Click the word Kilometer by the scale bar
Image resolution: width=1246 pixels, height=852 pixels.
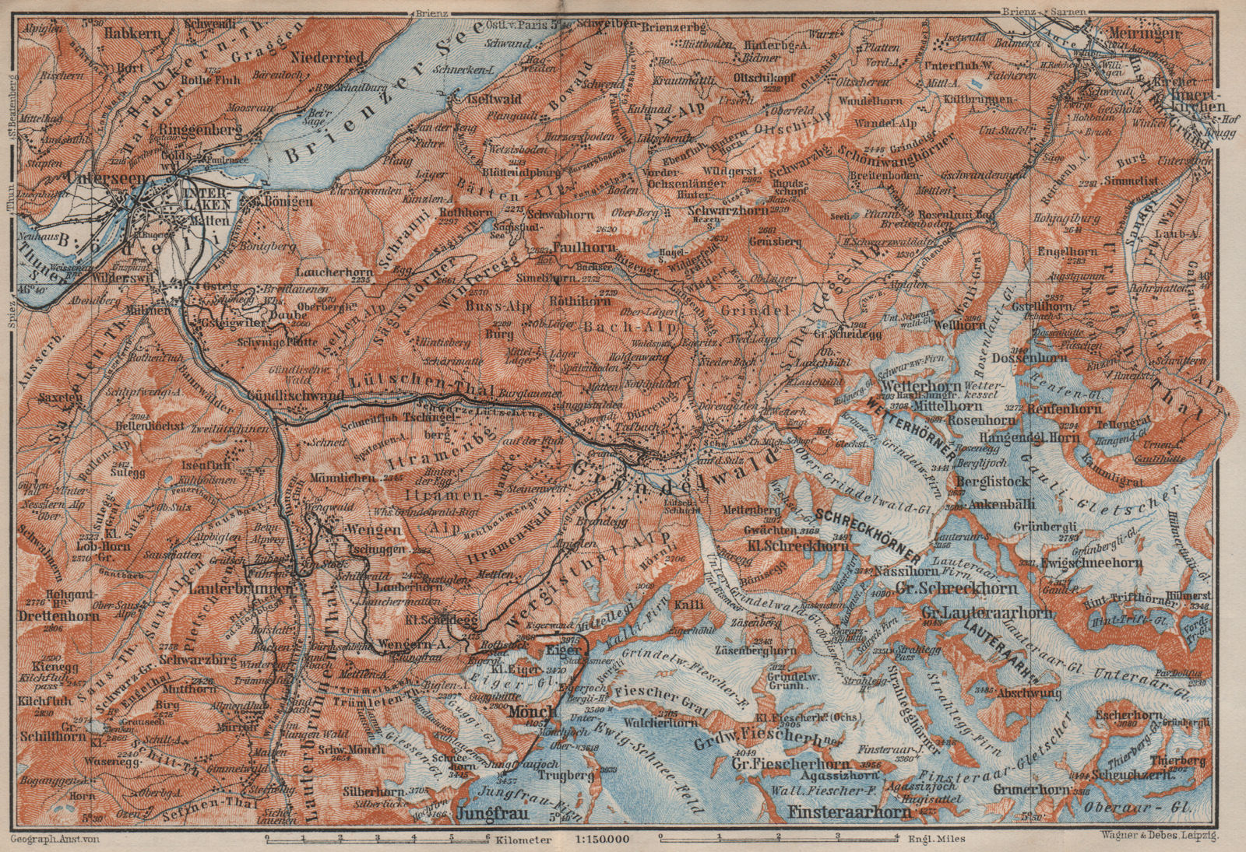click(x=525, y=841)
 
